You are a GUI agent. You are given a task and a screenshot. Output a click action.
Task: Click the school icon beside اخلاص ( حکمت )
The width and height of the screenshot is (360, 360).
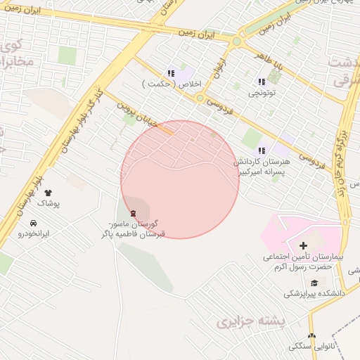tap(170, 73)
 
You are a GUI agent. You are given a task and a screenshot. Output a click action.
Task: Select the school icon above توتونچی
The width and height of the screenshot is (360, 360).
tap(262, 81)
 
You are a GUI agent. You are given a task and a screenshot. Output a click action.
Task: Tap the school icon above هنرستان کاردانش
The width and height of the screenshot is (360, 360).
tap(262, 150)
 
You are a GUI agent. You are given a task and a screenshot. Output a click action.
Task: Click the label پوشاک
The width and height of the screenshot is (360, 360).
tap(49, 202)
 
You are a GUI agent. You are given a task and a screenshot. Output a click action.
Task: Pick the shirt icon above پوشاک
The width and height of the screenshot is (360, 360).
tap(49, 192)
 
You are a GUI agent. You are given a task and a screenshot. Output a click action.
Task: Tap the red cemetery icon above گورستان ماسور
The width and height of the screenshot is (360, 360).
tap(134, 213)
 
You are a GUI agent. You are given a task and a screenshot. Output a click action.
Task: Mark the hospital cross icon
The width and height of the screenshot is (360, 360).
tap(303, 245)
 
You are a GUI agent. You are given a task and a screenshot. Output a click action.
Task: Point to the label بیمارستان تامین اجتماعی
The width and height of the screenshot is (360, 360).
tap(303, 262)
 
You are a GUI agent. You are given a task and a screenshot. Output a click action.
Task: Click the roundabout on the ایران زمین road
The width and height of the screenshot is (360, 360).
tap(237, 41)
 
